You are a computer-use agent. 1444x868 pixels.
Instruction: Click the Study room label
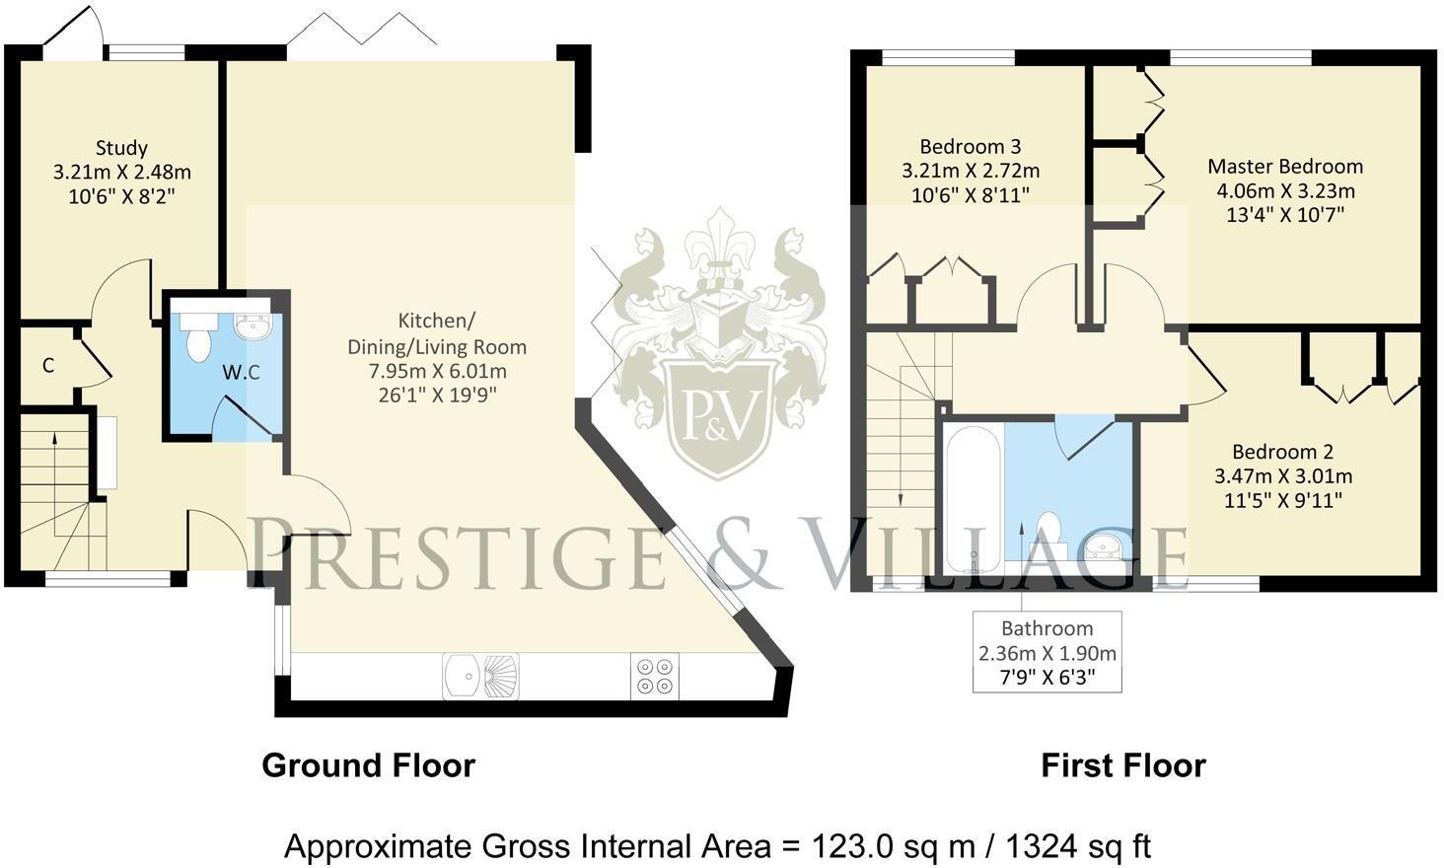121,148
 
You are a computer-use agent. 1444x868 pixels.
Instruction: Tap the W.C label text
241,372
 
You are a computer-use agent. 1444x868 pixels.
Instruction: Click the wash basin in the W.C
253,325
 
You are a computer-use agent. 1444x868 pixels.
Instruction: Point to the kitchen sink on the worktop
480,676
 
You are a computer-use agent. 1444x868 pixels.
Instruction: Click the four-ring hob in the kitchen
654,676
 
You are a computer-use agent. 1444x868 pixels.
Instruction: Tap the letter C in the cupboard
48,366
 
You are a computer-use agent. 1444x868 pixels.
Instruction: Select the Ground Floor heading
368,765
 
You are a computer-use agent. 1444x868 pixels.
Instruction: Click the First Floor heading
1122,765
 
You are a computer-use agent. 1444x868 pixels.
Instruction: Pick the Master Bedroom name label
1285,167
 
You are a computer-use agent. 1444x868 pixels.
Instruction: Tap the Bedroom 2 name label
1282,452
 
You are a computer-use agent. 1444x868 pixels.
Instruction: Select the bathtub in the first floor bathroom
974,498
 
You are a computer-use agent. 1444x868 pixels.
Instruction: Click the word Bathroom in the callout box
1047,628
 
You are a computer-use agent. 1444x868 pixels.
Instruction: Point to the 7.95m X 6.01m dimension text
437,371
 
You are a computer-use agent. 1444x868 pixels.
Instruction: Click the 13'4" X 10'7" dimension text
1285,214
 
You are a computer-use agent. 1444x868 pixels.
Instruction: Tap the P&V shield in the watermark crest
717,409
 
